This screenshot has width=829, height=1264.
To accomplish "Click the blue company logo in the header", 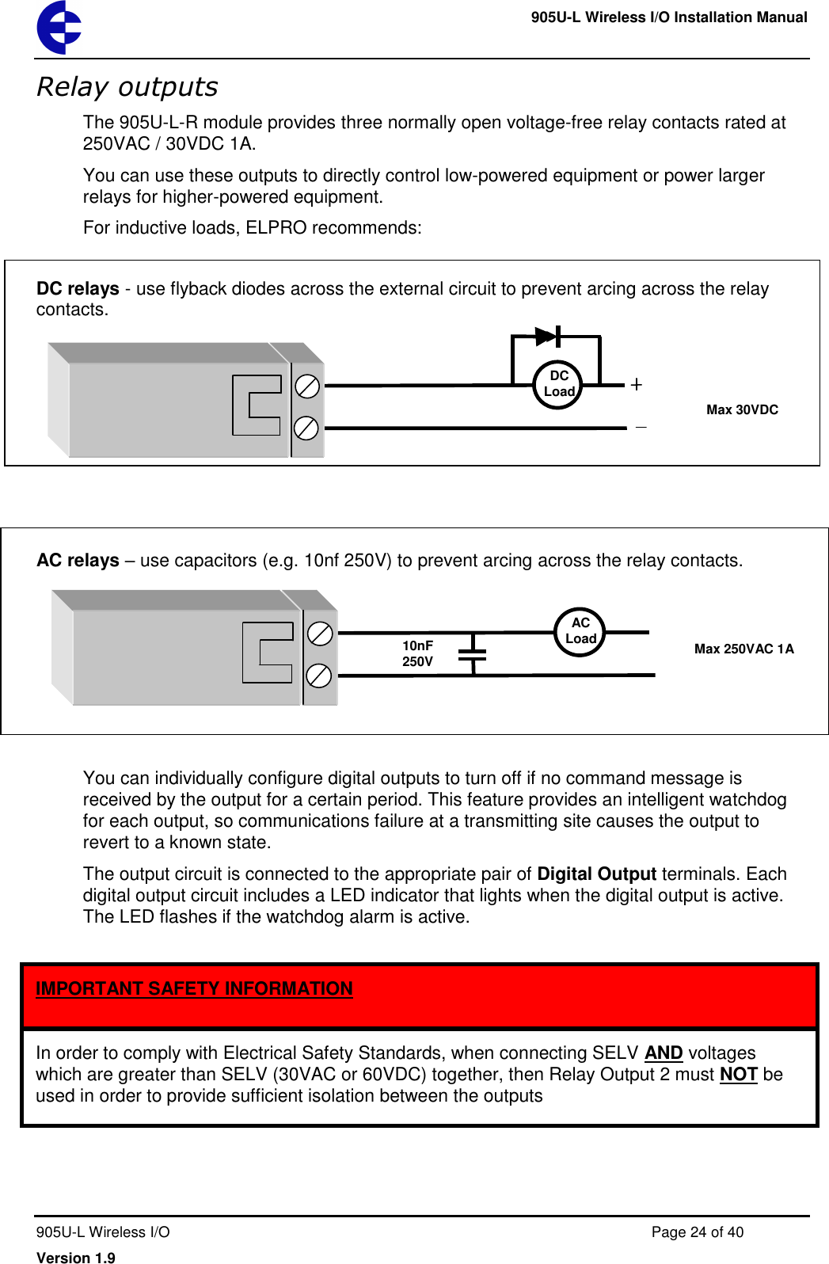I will click(x=59, y=28).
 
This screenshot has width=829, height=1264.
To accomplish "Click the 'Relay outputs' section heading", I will click(x=127, y=86).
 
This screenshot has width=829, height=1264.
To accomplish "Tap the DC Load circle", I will click(x=558, y=384).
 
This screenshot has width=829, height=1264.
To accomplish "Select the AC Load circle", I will click(x=580, y=631).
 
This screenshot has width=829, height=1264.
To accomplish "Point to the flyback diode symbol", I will click(x=547, y=337).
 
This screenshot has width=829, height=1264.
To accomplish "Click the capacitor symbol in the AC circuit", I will click(x=473, y=654).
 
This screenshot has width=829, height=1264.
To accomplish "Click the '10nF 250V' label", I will click(x=417, y=653).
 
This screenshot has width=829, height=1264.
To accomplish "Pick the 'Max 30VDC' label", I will click(x=742, y=409).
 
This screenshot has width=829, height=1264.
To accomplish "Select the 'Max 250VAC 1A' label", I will click(x=743, y=649).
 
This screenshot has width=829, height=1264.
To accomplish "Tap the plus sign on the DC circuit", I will click(x=636, y=385).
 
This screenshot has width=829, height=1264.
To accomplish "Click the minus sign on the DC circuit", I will click(x=641, y=428).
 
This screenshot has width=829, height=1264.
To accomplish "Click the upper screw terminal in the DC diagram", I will click(x=306, y=386).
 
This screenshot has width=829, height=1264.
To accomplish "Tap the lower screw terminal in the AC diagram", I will click(x=318, y=676).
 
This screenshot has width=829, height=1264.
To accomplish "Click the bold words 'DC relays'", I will click(x=78, y=289).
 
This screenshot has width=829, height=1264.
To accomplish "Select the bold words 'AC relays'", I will click(x=78, y=561).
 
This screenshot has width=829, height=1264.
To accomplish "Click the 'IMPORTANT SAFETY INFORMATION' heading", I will click(x=194, y=988).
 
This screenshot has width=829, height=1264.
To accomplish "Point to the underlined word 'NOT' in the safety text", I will click(x=739, y=1075).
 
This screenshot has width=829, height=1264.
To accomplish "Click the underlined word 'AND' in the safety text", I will click(x=664, y=1053).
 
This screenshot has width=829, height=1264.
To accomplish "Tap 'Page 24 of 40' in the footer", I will click(x=697, y=1232).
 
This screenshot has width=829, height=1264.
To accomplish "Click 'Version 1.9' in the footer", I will click(x=76, y=1257).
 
